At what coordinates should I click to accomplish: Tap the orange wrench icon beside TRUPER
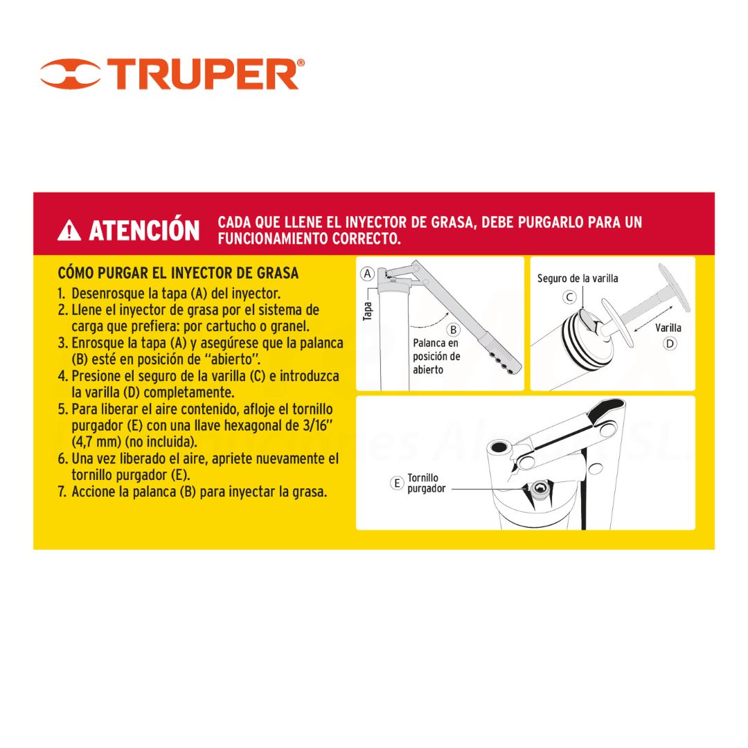click(71, 74)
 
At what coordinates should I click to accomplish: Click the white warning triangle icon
click(69, 230)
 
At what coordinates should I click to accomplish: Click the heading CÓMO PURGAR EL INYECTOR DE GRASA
click(179, 273)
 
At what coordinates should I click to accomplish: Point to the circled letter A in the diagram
click(367, 274)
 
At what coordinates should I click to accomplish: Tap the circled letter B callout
click(453, 330)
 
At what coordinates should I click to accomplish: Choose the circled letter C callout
click(569, 297)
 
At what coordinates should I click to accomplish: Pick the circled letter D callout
click(670, 344)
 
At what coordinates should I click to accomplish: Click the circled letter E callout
click(397, 483)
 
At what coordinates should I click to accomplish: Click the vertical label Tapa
click(367, 311)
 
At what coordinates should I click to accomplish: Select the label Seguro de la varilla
click(578, 278)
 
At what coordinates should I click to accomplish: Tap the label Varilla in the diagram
click(668, 328)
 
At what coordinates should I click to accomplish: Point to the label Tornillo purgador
click(426, 483)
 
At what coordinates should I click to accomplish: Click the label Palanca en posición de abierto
click(436, 357)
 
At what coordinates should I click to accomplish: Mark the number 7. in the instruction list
click(62, 492)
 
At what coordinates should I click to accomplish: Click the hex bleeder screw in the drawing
click(540, 488)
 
